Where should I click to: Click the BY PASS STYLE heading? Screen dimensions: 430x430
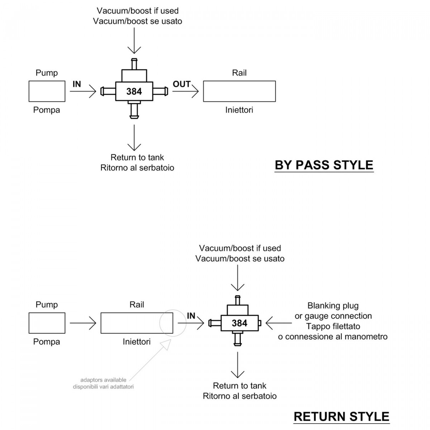pyautogui.click(x=324, y=165)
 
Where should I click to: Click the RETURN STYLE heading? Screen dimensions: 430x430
pyautogui.click(x=341, y=417)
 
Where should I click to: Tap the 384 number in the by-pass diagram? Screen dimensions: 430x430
pyautogui.click(x=134, y=91)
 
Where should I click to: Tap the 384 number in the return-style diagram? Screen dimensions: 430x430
pyautogui.click(x=239, y=323)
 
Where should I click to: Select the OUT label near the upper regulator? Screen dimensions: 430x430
pyautogui.click(x=182, y=84)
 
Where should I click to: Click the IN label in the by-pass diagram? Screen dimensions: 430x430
pyautogui.click(x=77, y=84)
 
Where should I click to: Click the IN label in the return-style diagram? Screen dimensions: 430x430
pyautogui.click(x=191, y=316)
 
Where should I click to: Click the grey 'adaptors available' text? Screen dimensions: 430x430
pyautogui.click(x=103, y=380)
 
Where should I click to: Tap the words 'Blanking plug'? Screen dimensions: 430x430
pyautogui.click(x=333, y=306)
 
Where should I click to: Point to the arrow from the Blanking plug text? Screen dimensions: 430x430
pyautogui.click(x=279, y=323)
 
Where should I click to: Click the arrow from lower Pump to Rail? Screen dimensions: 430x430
pyautogui.click(x=83, y=323)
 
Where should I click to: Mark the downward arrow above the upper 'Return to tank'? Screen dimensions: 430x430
pyautogui.click(x=134, y=138)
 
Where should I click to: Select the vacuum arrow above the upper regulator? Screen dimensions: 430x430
pyautogui.click(x=134, y=40)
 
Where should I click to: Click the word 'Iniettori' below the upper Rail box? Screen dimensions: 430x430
pyautogui.click(x=239, y=110)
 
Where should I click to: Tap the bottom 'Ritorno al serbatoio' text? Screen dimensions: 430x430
pyautogui.click(x=240, y=396)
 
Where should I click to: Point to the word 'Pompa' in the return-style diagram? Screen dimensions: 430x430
pyautogui.click(x=47, y=341)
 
